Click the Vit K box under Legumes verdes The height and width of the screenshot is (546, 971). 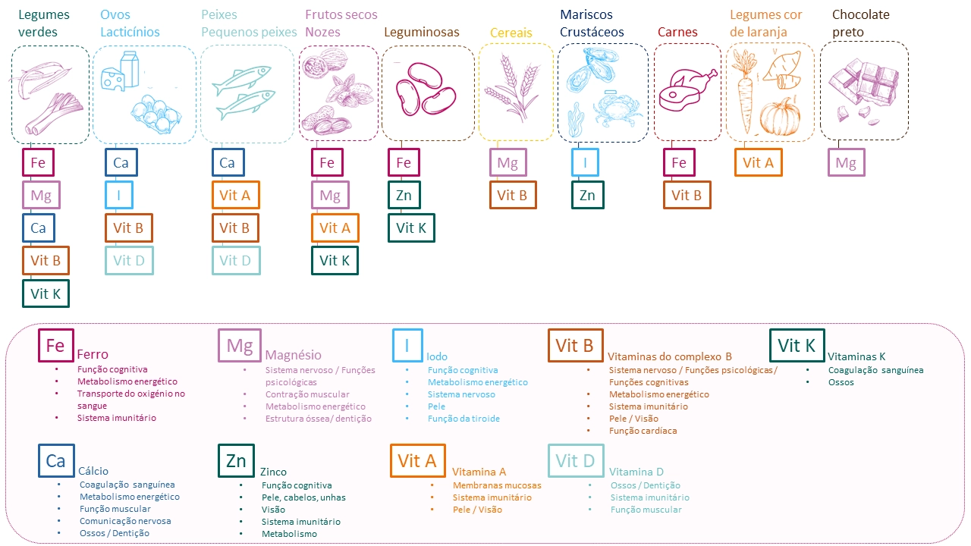click(x=46, y=293)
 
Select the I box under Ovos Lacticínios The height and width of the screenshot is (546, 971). click(x=119, y=195)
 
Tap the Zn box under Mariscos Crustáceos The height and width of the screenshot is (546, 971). click(x=587, y=195)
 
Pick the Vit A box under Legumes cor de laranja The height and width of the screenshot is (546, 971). click(x=758, y=162)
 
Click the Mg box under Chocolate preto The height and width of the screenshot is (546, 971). click(x=846, y=162)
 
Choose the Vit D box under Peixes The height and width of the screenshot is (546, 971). click(x=236, y=260)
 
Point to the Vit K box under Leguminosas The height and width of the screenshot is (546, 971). click(x=411, y=227)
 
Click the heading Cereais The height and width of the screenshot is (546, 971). click(x=511, y=33)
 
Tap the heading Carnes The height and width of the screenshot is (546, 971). click(x=677, y=32)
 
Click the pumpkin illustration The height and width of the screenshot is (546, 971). click(x=780, y=117)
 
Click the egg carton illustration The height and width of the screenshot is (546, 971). click(x=156, y=115)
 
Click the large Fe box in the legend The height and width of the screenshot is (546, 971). click(x=56, y=345)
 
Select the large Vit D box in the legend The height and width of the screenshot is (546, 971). click(x=576, y=460)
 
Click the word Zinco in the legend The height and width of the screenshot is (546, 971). click(x=273, y=472)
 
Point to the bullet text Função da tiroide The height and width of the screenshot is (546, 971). click(x=464, y=419)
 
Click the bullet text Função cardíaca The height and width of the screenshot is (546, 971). click(x=643, y=431)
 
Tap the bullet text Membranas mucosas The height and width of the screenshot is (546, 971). click(x=497, y=485)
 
